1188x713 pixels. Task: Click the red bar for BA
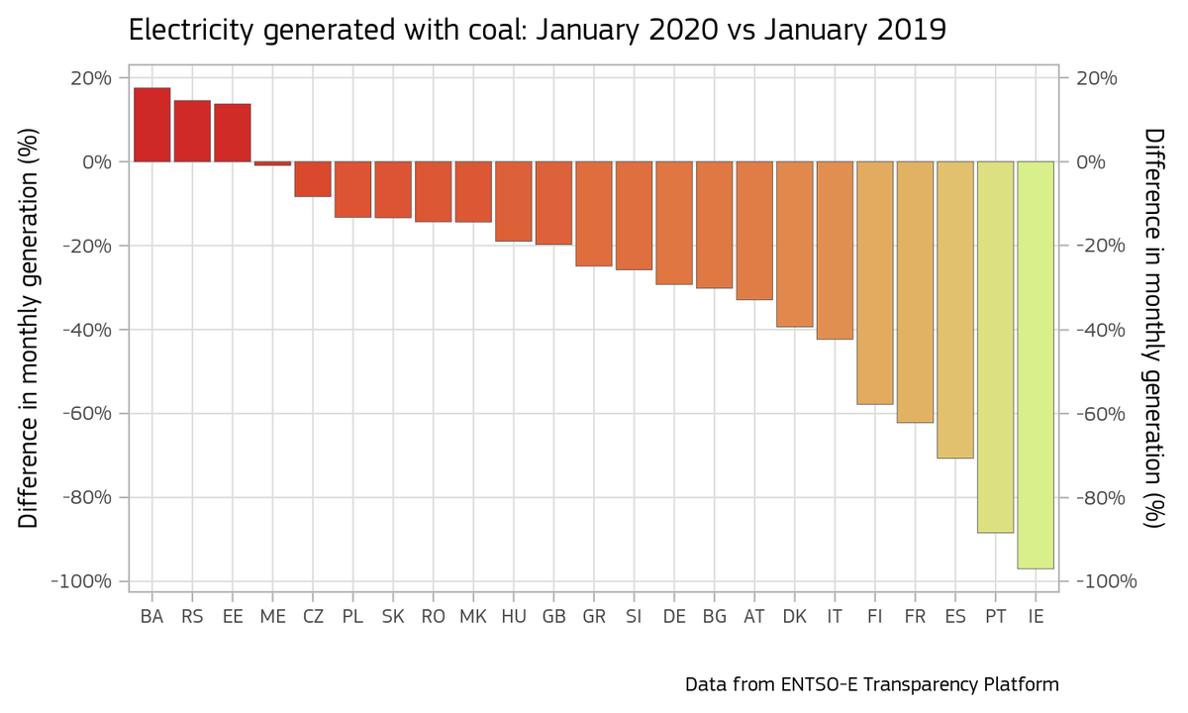(x=151, y=125)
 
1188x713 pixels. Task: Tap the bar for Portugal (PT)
(x=995, y=347)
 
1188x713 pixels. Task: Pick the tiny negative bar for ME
(x=272, y=163)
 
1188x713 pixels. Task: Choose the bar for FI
(x=875, y=282)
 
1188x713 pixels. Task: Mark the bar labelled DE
(x=674, y=223)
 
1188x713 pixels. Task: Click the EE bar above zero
(x=233, y=133)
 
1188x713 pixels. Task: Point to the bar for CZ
(x=313, y=179)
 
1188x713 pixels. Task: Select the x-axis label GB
(x=553, y=616)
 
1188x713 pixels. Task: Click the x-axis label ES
(x=955, y=616)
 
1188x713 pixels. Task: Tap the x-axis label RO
(x=433, y=616)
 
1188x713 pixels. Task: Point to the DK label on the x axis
(x=794, y=616)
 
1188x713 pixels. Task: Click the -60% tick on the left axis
(x=89, y=413)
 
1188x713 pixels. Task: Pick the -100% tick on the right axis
(x=1097, y=581)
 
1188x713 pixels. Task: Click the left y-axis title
(x=30, y=329)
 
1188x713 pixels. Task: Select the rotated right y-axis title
(x=1153, y=329)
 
